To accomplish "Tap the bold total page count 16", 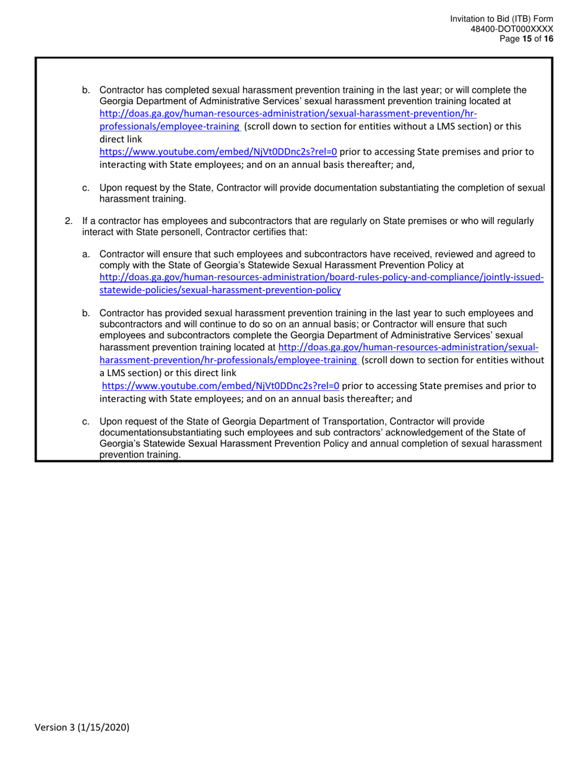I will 548,38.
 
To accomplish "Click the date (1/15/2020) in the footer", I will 108,728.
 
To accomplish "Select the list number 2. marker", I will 69,221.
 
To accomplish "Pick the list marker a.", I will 86,254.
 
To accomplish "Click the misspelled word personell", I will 188,232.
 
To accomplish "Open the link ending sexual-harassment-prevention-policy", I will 220,290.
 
